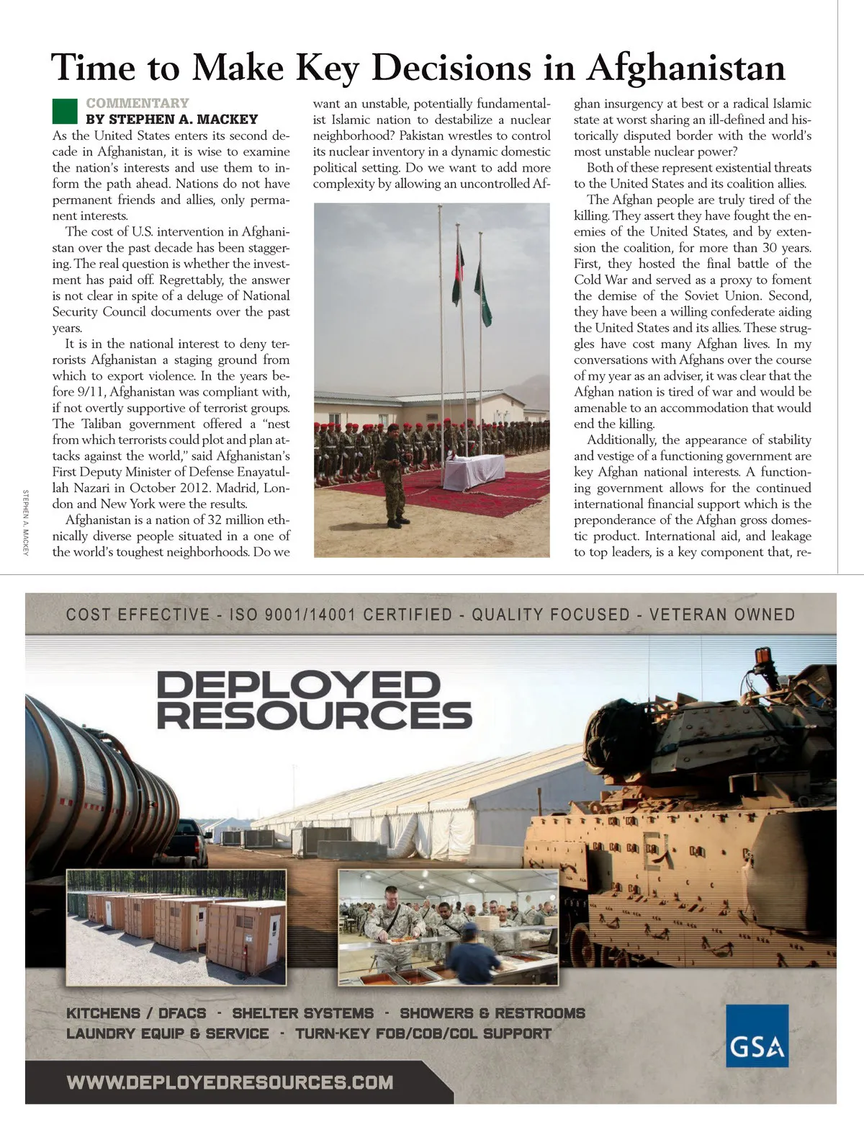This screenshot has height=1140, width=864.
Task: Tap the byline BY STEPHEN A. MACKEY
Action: (171, 120)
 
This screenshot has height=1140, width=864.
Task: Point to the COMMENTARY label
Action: (138, 103)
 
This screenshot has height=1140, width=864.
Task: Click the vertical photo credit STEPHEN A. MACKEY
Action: (26, 522)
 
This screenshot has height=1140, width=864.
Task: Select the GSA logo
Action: (757, 1036)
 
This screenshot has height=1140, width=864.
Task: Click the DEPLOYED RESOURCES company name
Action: (314, 699)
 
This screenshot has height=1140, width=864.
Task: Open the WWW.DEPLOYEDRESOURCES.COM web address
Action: (230, 1082)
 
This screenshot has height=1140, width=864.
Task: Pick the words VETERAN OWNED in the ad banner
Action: (722, 615)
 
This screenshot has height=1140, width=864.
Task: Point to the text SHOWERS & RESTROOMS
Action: (492, 1013)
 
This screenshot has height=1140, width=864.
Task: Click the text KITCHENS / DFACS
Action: (136, 1013)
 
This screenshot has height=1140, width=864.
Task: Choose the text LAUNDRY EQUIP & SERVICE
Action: (167, 1033)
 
